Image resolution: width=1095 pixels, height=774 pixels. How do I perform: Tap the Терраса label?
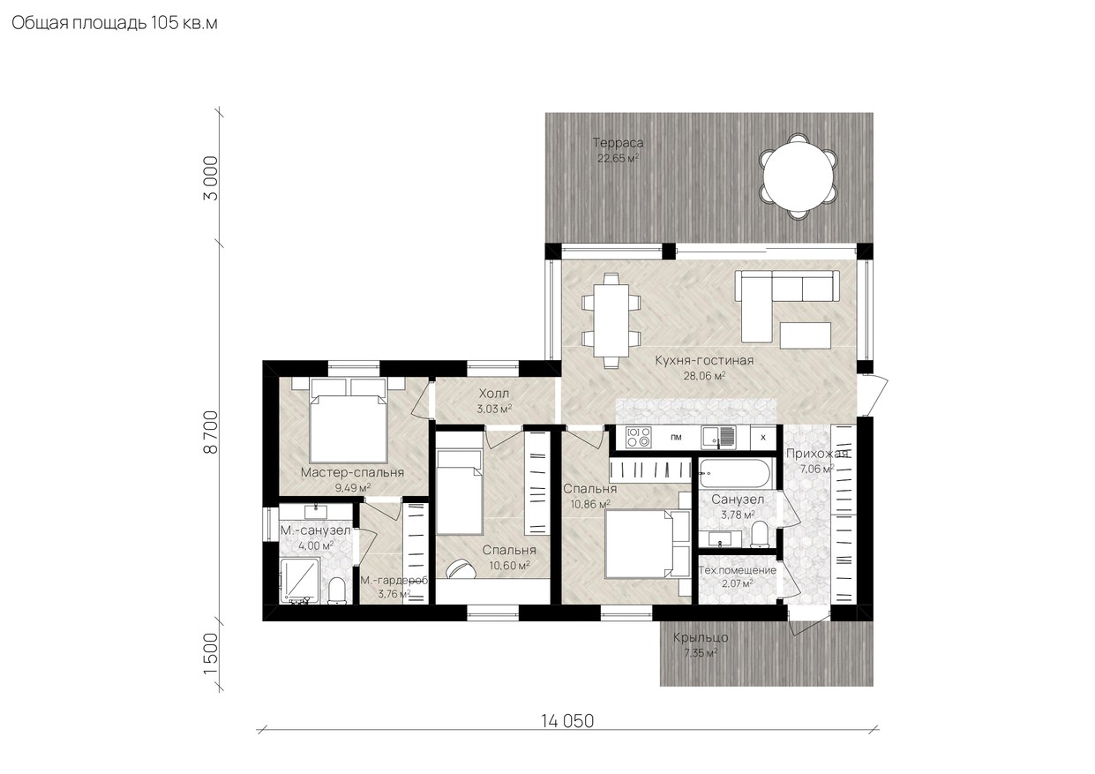tap(618, 143)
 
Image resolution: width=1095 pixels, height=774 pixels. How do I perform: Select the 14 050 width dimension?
tap(567, 721)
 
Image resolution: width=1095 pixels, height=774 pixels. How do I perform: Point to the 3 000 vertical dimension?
tap(211, 178)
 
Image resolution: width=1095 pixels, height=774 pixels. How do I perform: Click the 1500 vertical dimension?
tap(211, 654)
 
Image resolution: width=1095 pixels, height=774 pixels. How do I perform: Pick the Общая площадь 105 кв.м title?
tap(115, 23)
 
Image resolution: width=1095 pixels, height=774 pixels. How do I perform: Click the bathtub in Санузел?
tap(734, 473)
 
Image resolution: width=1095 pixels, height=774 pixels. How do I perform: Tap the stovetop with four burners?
tap(639, 437)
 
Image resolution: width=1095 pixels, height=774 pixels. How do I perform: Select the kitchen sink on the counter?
tap(718, 437)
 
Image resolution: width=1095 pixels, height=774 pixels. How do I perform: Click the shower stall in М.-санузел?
tap(299, 582)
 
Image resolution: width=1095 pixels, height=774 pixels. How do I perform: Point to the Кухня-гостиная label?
tap(704, 361)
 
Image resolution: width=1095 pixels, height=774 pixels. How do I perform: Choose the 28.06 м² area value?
tap(704, 375)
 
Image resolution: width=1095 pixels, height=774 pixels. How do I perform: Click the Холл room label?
tap(494, 393)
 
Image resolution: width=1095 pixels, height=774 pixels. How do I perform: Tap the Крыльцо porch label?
tap(701, 637)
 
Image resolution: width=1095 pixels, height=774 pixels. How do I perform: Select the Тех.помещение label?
tap(737, 570)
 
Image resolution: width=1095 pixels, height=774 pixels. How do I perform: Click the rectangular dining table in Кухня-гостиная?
tap(611, 320)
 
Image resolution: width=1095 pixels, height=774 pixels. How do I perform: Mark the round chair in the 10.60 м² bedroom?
tap(461, 569)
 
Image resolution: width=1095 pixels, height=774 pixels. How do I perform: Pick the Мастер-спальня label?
tap(352, 472)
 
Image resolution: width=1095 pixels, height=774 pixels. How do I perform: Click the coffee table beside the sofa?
tap(806, 335)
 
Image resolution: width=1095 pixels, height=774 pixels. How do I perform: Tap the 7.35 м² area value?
tap(701, 653)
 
